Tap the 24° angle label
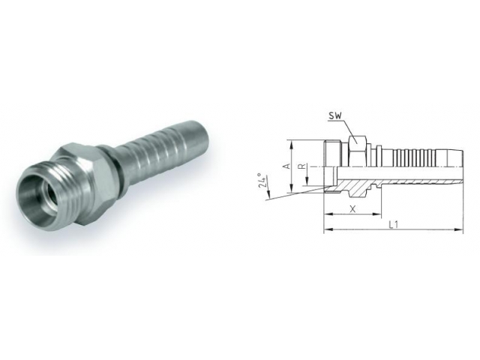(x=262, y=182)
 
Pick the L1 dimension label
(x=392, y=224)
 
